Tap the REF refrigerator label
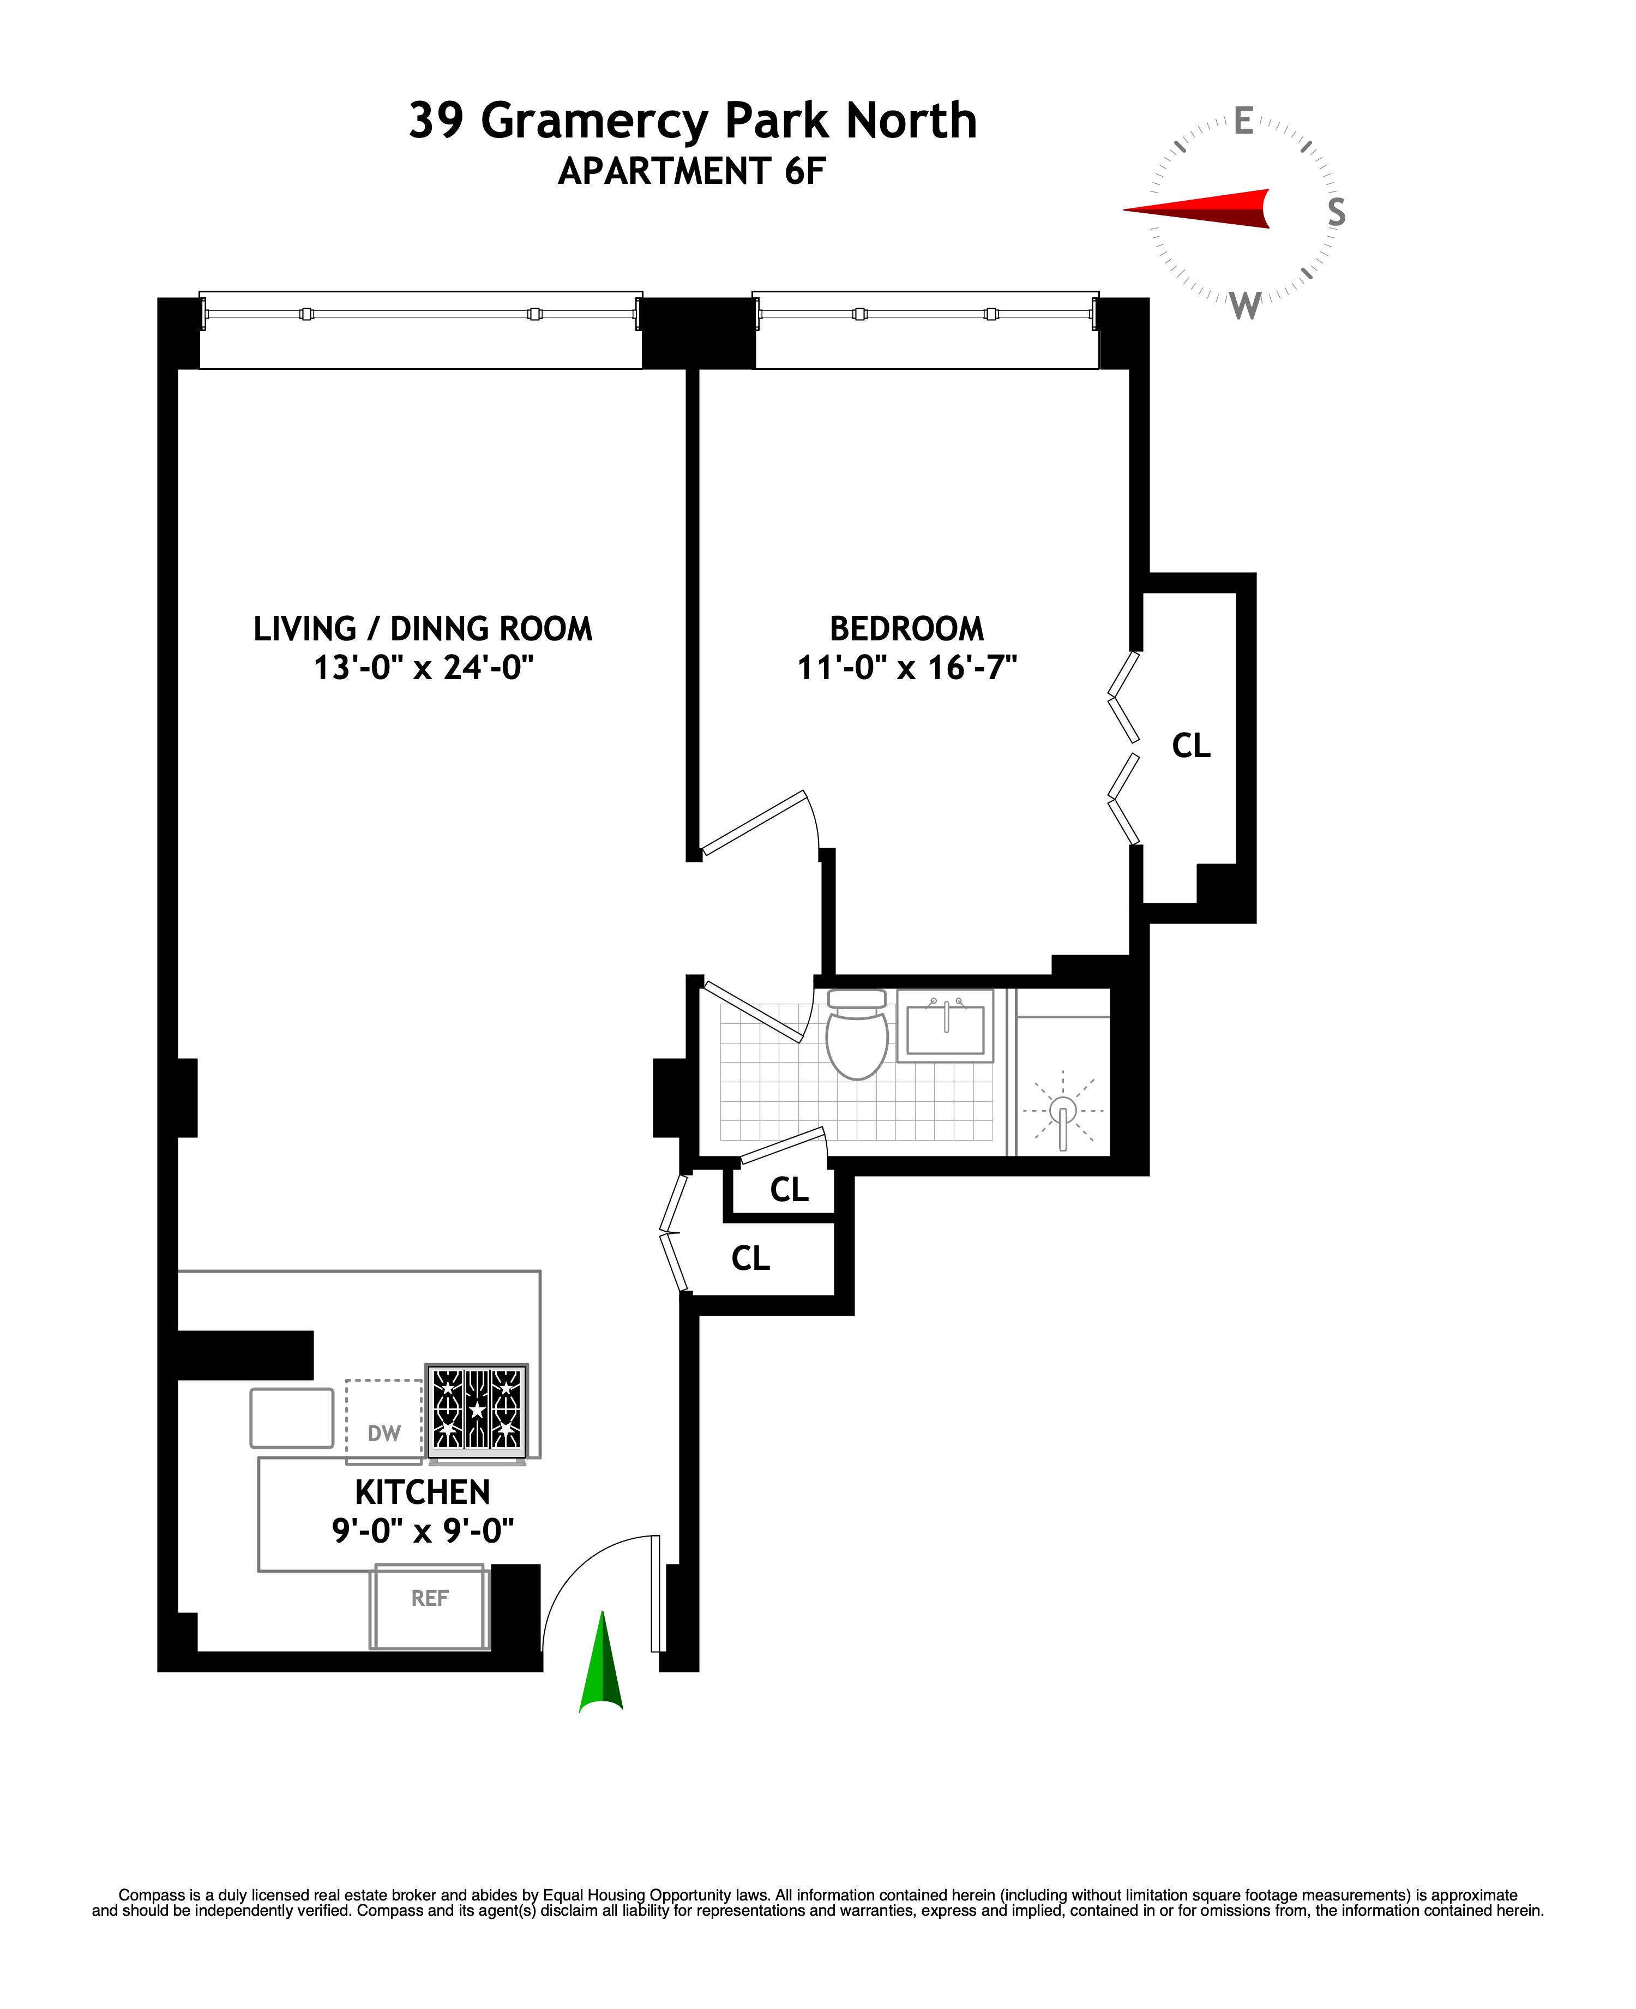coord(430,1598)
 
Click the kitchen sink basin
coord(291,1418)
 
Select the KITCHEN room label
coord(422,1492)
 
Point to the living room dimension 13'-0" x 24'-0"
coord(423,668)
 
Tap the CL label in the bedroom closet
coord(1190,746)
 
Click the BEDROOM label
coord(906,629)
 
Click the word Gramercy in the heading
coord(594,121)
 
